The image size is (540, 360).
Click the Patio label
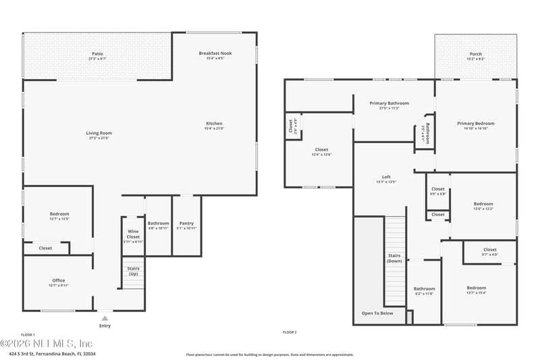(98, 54)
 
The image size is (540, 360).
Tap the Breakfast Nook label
(215, 53)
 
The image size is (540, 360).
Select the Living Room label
(98, 133)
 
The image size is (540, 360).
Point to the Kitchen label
(215, 124)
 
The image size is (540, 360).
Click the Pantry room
(186, 226)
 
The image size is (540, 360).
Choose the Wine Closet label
(133, 234)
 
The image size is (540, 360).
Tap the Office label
(59, 280)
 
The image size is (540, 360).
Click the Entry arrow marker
(105, 317)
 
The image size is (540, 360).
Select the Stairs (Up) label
(134, 271)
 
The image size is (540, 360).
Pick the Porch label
(476, 54)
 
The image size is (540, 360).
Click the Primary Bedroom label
(476, 124)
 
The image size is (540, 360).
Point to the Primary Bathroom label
(385, 103)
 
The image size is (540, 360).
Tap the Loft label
(386, 177)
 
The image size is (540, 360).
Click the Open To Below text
(377, 313)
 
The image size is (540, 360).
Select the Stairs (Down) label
(395, 257)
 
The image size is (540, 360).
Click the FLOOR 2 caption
(290, 332)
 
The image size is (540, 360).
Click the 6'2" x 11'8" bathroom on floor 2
(425, 291)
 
